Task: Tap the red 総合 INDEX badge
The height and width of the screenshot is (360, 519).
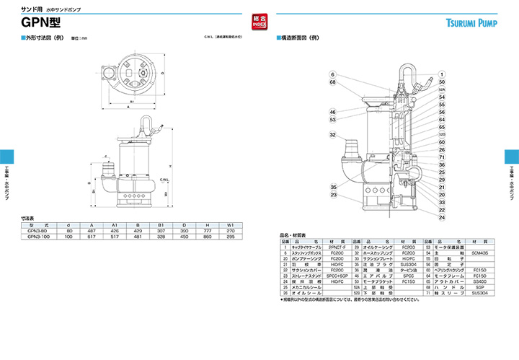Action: point(260,22)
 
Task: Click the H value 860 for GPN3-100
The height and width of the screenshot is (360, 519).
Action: point(208,236)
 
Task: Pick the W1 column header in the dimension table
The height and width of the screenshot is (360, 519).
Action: point(230,224)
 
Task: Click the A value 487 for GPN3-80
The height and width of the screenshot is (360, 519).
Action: point(92,230)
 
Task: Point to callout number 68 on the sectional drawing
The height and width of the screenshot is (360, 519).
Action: point(333,82)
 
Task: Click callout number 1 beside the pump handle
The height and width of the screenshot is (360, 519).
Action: point(440,74)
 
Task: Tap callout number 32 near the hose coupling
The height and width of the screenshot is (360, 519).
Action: point(333,135)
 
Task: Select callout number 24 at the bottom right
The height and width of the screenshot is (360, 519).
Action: point(441,217)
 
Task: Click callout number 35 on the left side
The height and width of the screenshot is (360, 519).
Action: point(333,188)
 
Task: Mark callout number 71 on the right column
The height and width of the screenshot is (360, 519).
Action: point(441,157)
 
